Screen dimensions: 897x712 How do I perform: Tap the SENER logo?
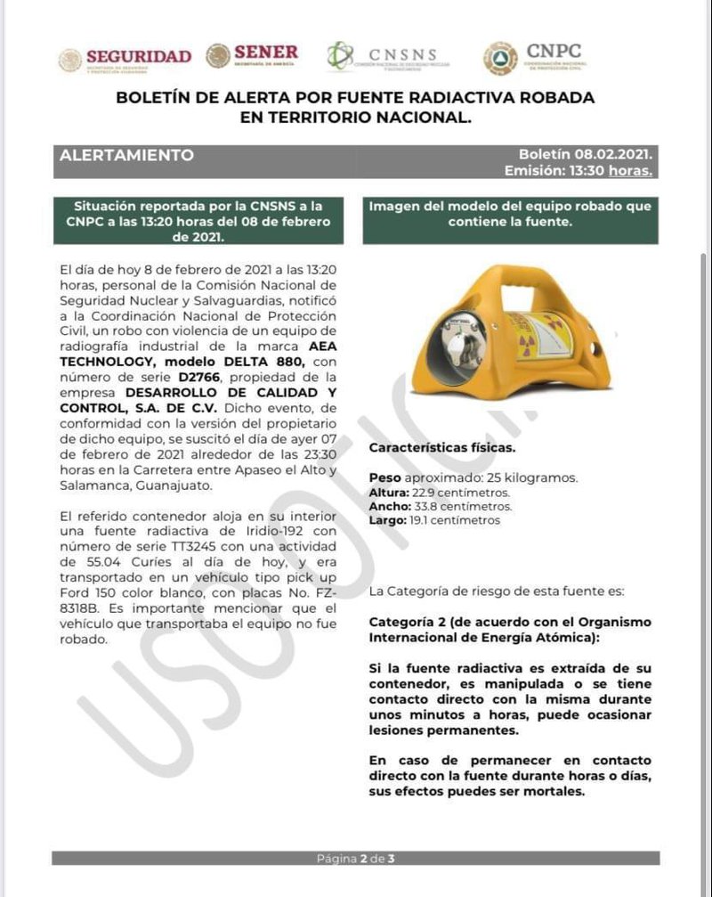pyautogui.click(x=253, y=56)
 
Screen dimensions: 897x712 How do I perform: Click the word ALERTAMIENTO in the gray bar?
pyautogui.click(x=126, y=155)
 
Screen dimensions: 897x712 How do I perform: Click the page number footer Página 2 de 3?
pyautogui.click(x=355, y=859)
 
